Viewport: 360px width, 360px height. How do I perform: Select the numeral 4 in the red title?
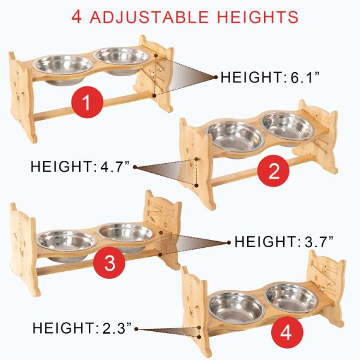point(77,16)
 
